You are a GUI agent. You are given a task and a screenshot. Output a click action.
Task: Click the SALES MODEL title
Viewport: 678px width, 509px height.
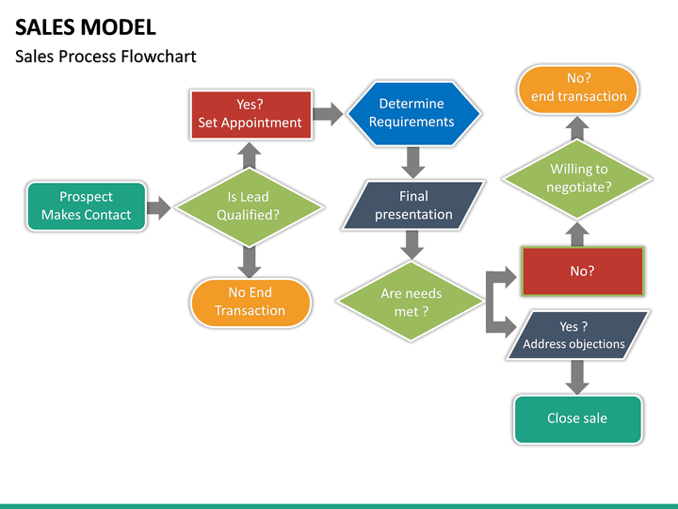tap(86, 26)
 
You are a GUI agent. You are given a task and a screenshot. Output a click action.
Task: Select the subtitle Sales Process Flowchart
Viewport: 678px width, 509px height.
tap(105, 57)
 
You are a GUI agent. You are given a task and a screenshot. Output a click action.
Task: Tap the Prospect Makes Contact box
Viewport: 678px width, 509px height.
tap(87, 205)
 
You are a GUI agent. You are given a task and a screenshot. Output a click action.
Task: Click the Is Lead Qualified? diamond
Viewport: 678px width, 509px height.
tap(249, 205)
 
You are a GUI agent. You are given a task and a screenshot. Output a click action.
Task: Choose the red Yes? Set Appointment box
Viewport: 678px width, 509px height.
tap(250, 114)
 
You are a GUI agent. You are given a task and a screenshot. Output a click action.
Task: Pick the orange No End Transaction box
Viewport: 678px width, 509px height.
tap(250, 302)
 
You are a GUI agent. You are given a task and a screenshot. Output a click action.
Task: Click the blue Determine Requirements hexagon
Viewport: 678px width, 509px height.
tap(412, 113)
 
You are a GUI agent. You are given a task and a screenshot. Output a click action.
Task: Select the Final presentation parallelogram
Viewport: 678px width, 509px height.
tap(413, 205)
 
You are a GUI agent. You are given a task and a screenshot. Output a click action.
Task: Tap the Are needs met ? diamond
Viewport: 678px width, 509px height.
tap(412, 302)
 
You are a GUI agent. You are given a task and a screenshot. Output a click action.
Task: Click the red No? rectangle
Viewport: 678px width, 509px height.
tap(582, 271)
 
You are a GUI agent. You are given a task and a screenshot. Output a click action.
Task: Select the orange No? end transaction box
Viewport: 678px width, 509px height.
tap(578, 89)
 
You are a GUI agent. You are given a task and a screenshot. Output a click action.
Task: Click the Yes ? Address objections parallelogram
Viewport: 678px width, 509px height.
tap(576, 335)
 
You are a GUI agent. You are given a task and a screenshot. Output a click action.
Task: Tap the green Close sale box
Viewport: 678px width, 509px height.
tap(577, 418)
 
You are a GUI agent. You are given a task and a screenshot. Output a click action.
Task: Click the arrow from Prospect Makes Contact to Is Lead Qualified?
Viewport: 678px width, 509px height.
tap(159, 206)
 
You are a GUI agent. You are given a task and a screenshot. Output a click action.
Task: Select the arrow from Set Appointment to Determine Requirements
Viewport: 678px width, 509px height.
tap(328, 114)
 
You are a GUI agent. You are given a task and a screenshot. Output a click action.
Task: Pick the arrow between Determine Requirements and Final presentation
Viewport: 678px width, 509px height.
tap(412, 162)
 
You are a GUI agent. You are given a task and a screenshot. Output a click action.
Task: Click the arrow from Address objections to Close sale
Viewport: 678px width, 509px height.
tap(577, 378)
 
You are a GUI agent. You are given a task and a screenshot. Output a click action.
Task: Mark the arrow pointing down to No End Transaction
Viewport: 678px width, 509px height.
tap(250, 259)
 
